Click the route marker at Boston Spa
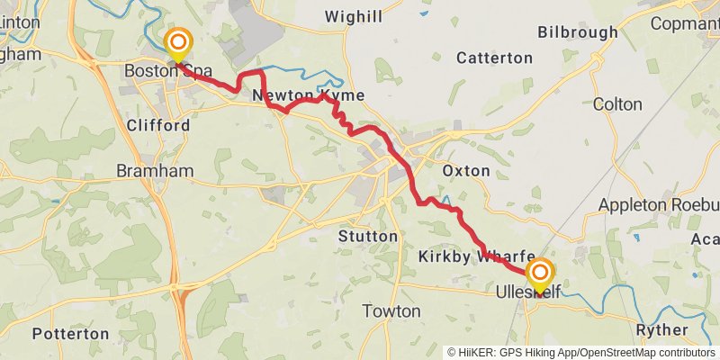(x=179, y=42)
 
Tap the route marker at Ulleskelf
(x=540, y=274)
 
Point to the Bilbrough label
(x=578, y=32)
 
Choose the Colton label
(x=617, y=104)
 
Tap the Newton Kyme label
(x=309, y=95)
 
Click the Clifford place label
(x=158, y=125)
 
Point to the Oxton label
(x=467, y=170)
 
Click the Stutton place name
(x=367, y=236)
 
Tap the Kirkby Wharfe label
(x=477, y=257)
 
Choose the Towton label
(x=391, y=311)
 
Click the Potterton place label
(x=70, y=334)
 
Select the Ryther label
(x=661, y=330)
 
